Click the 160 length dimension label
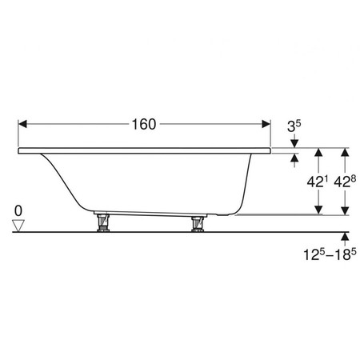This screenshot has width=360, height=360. [x=144, y=124]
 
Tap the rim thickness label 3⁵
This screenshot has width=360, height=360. [x=294, y=126]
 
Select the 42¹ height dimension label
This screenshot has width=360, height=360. [x=317, y=182]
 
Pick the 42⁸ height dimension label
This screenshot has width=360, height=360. [x=345, y=182]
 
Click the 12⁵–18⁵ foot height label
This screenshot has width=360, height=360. [x=330, y=254]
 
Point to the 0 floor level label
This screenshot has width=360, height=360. [x=18, y=211]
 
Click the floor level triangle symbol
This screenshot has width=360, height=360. [x=18, y=226]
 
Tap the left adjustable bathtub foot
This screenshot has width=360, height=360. [x=103, y=222]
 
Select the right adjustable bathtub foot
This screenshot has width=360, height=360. [x=198, y=223]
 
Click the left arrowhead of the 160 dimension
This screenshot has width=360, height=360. [x=22, y=124]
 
